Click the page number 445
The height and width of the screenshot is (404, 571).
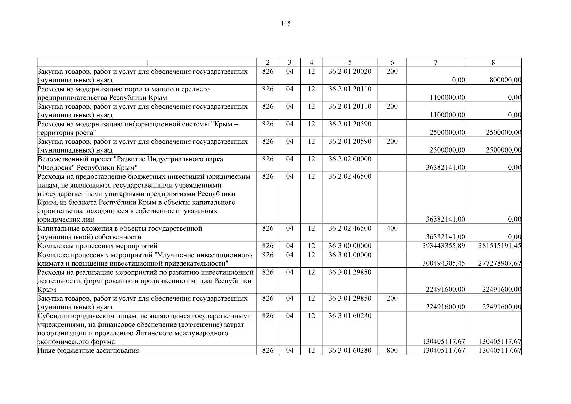coord(285,23)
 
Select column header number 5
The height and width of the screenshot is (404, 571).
coord(350,62)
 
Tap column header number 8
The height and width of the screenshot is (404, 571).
coord(493,62)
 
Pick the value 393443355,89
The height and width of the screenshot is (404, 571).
coord(443,246)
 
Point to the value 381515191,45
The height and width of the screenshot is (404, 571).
coord(500,246)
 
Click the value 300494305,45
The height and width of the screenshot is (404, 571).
coord(443,263)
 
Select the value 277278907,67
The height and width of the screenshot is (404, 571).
coord(500,263)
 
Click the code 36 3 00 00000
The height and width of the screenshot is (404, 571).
coord(350,246)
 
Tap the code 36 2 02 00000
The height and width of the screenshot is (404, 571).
coord(350,159)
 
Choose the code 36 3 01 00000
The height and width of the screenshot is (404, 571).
coord(350,255)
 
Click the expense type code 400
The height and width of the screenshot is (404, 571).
coord(392,229)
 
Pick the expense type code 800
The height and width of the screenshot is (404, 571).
coord(392,351)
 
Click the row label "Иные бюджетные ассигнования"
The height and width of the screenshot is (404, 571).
coord(88,351)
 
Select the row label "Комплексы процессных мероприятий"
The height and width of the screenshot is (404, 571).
coord(98,246)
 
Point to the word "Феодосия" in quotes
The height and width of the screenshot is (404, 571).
coord(55,168)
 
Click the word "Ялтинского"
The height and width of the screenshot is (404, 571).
coord(155,333)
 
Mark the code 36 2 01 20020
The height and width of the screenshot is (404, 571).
coord(350,71)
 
